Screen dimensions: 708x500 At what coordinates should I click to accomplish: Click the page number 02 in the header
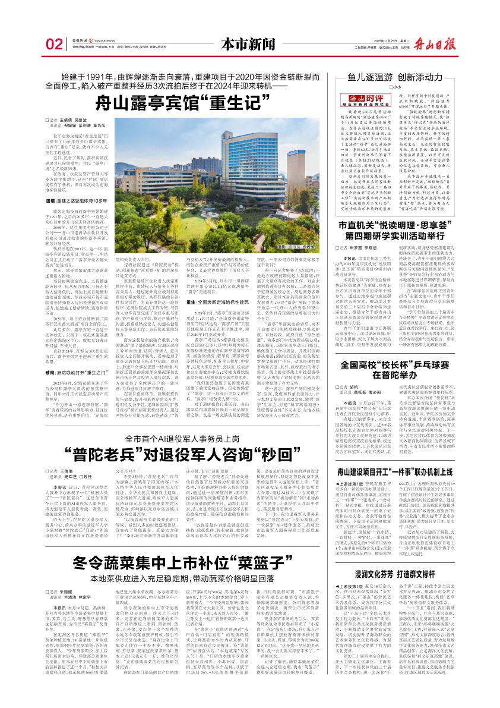click(x=54, y=44)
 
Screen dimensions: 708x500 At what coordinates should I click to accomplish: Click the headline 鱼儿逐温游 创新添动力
click(x=395, y=77)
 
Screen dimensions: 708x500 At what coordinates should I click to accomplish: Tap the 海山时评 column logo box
click(x=358, y=96)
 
